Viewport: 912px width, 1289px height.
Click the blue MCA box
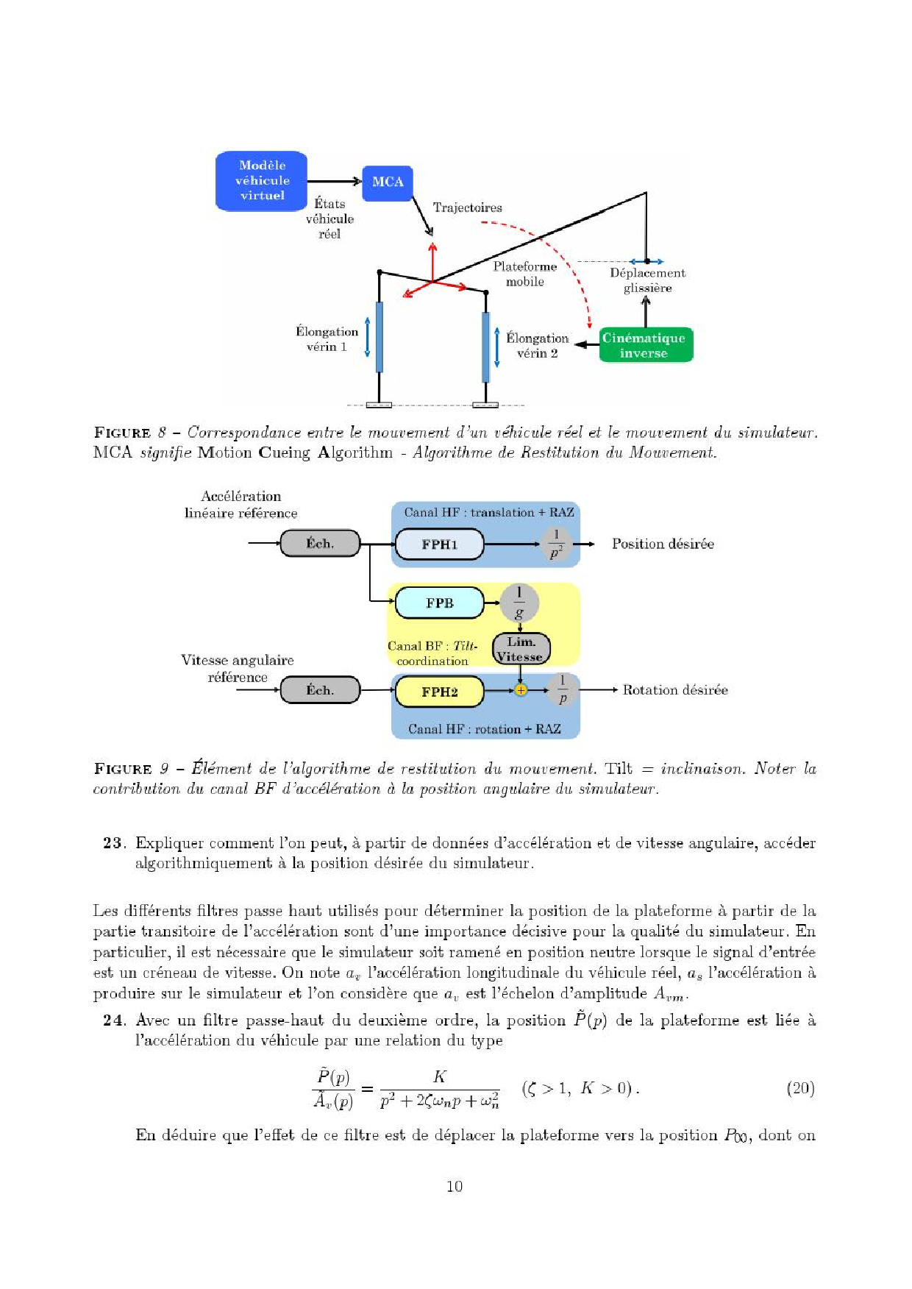pyautogui.click(x=388, y=182)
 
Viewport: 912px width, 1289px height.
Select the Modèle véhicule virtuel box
pyautogui.click(x=262, y=181)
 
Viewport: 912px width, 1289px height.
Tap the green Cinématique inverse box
pyautogui.click(x=645, y=345)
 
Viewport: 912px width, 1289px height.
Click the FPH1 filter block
pyautogui.click(x=439, y=544)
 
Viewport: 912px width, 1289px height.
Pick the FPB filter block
pyautogui.click(x=439, y=603)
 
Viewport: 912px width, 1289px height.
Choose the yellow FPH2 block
pyautogui.click(x=439, y=692)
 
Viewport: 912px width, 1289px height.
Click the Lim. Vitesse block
pyautogui.click(x=520, y=650)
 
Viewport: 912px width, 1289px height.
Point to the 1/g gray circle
pyautogui.click(x=519, y=603)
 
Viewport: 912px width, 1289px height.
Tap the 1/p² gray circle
pyautogui.click(x=556, y=544)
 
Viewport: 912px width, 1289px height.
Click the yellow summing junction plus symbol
pyautogui.click(x=521, y=690)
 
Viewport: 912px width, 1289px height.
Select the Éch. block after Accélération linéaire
pyautogui.click(x=320, y=544)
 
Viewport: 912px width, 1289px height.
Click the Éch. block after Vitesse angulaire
pyautogui.click(x=320, y=690)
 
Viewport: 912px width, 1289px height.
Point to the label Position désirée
pyautogui.click(x=663, y=544)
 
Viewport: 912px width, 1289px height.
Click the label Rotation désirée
pyautogui.click(x=674, y=690)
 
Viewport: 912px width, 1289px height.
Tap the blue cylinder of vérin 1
pyautogui.click(x=380, y=337)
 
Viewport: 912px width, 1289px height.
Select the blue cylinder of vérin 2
pyautogui.click(x=485, y=347)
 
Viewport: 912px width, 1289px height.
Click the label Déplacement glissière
pyautogui.click(x=647, y=280)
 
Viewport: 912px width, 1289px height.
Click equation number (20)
pyautogui.click(x=800, y=1088)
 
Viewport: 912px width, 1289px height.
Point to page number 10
pyautogui.click(x=455, y=1186)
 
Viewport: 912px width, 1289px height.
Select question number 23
pyautogui.click(x=114, y=843)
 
